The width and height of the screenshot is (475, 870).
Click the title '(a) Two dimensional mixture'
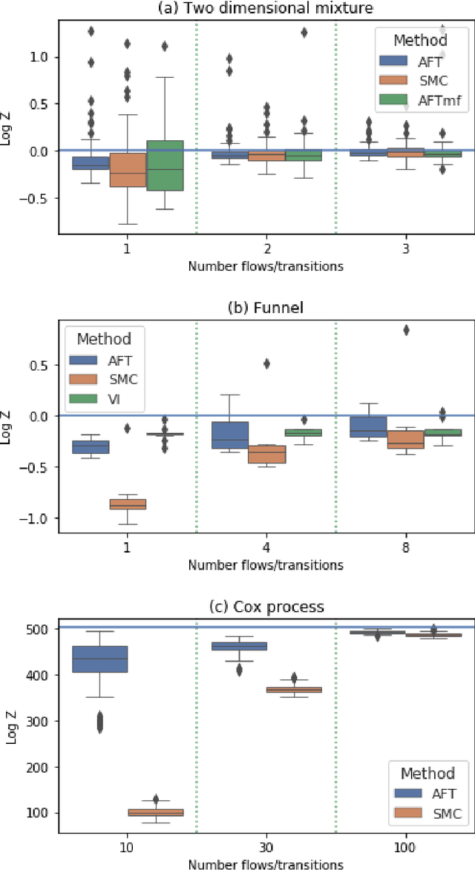pyautogui.click(x=266, y=10)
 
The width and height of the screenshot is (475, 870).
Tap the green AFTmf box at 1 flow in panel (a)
pyautogui.click(x=165, y=165)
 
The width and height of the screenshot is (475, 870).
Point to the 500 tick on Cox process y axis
pyautogui.click(x=42, y=629)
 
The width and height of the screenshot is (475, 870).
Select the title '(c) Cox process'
pyautogui.click(x=266, y=606)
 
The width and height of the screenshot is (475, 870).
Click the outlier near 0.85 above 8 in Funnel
pyautogui.click(x=406, y=330)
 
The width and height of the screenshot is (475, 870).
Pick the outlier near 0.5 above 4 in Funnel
pyautogui.click(x=266, y=363)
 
